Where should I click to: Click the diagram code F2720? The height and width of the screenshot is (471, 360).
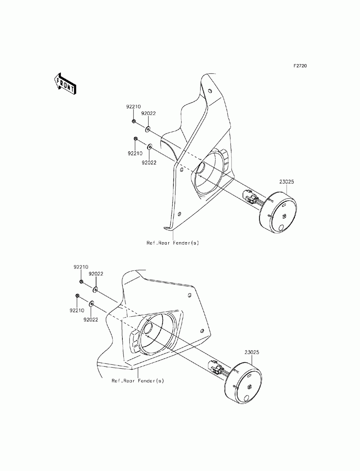[300, 66]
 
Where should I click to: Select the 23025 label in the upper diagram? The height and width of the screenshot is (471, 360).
[287, 182]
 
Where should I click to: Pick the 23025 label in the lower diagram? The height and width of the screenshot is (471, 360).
[252, 353]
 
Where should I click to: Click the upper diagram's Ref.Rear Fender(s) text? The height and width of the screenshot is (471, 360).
[172, 243]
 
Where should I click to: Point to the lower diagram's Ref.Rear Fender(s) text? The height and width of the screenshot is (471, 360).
[138, 380]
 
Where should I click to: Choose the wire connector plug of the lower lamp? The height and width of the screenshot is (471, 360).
[216, 368]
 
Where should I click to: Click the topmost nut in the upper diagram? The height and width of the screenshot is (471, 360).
[134, 122]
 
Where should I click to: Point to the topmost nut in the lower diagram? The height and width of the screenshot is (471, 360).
[82, 281]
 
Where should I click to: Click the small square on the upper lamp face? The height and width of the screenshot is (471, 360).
[284, 216]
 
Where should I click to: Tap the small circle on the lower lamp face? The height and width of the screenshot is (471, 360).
[247, 398]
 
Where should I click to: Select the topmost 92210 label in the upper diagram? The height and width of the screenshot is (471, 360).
[133, 107]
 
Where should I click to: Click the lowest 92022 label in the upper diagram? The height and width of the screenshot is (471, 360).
[149, 162]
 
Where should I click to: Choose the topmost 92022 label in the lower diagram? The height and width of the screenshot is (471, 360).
[96, 273]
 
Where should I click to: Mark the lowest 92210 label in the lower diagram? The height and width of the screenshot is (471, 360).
[77, 310]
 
